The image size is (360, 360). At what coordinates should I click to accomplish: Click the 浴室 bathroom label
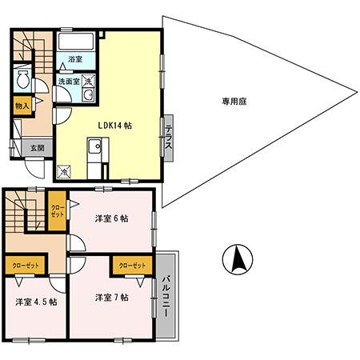(76, 59)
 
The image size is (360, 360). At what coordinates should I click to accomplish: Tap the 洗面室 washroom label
(67, 81)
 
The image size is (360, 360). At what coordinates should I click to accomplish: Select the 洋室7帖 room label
(112, 297)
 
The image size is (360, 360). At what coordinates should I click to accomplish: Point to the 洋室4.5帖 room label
(34, 302)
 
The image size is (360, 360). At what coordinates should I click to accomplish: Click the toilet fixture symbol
(23, 80)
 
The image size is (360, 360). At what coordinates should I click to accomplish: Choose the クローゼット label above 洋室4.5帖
(26, 265)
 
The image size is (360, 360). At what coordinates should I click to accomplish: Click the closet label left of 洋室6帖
(56, 210)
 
